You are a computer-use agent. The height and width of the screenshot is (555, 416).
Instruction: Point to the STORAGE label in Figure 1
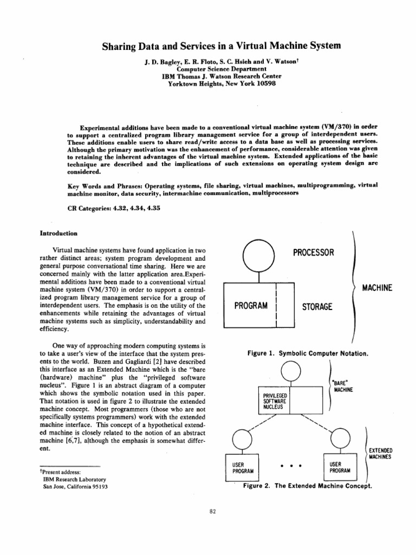[x=318, y=307]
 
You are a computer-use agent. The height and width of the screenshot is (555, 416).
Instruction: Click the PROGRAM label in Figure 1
[x=251, y=306]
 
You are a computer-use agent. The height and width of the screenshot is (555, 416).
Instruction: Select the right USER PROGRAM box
[x=339, y=467]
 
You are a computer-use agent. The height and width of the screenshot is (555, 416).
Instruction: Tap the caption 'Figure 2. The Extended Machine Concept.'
[x=307, y=486]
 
